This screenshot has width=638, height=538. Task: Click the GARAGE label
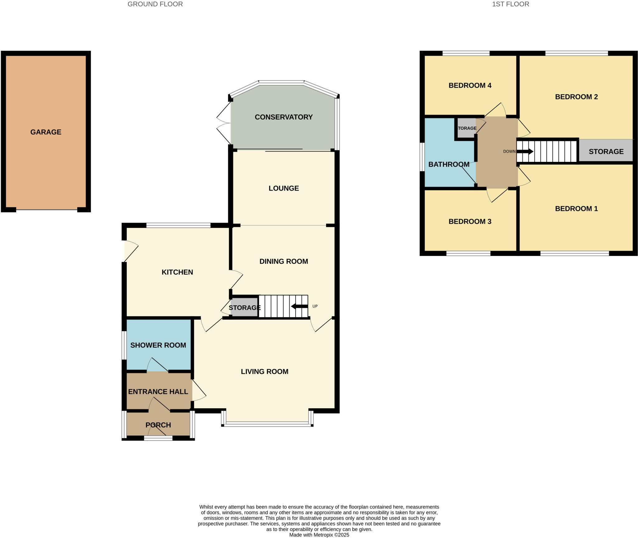46,132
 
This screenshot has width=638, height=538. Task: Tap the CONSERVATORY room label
283,117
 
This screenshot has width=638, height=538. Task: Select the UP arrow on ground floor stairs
299,306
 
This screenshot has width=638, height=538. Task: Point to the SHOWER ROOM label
158,345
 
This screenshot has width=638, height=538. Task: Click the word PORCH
158,425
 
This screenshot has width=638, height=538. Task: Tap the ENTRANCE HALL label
158,392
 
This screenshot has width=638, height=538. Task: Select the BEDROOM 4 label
470,85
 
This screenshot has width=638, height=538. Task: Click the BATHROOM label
449,164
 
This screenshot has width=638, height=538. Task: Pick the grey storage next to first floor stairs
606,151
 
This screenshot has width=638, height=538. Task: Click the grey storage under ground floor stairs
244,308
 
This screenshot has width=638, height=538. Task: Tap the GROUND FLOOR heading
155,4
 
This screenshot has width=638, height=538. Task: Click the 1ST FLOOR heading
511,4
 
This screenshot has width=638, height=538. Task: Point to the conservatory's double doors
224,123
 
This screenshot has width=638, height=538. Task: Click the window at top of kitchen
179,225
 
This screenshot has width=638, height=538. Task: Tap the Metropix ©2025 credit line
319,535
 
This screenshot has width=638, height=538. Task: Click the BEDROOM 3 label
470,221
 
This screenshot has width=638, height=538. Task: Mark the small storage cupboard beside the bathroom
466,128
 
